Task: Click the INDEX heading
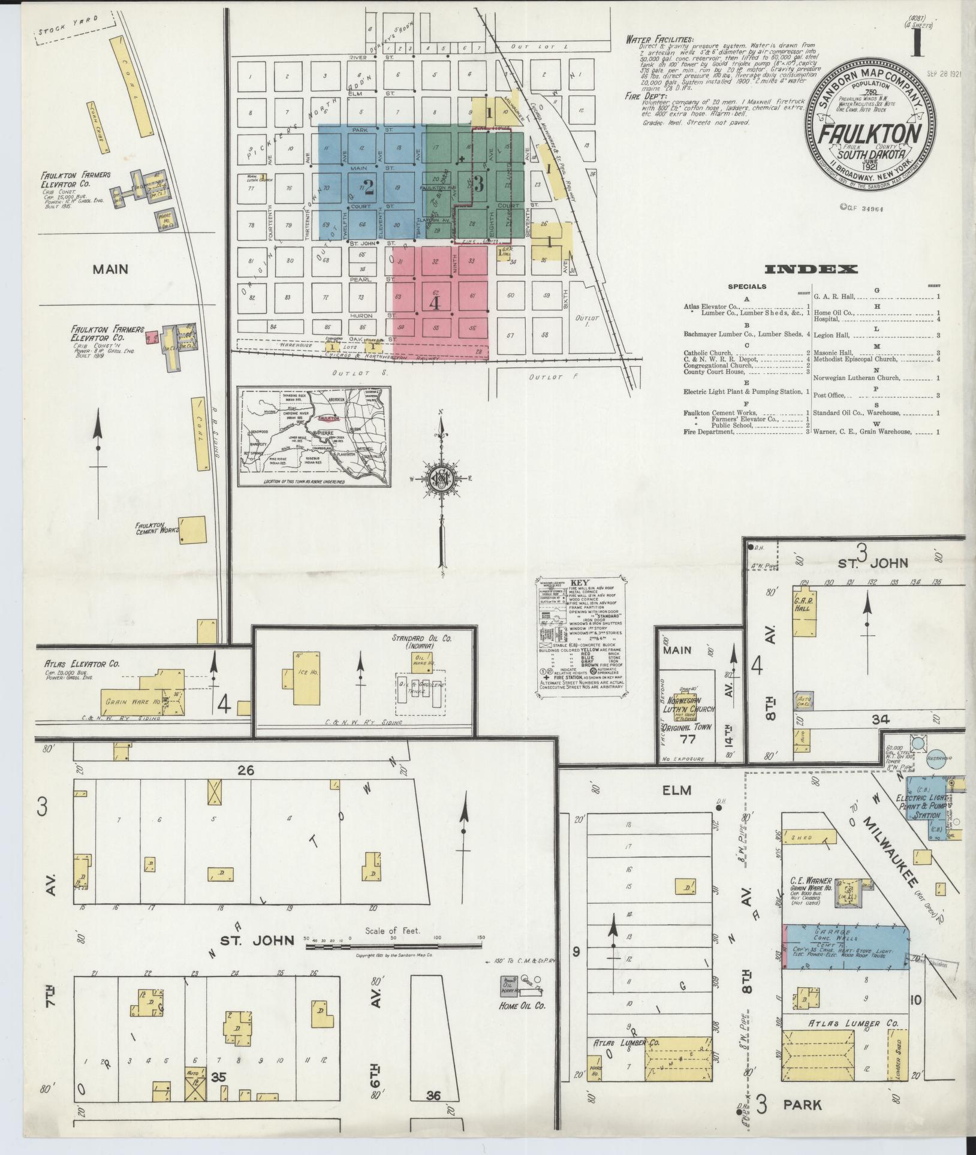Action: pos(811,269)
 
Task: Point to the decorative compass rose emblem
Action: pos(441,478)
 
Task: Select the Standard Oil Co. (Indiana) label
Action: pos(423,642)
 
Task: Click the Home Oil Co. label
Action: pos(522,1005)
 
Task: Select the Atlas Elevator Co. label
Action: pos(82,664)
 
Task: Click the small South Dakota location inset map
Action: pos(315,438)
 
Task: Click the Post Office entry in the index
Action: pos(829,395)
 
